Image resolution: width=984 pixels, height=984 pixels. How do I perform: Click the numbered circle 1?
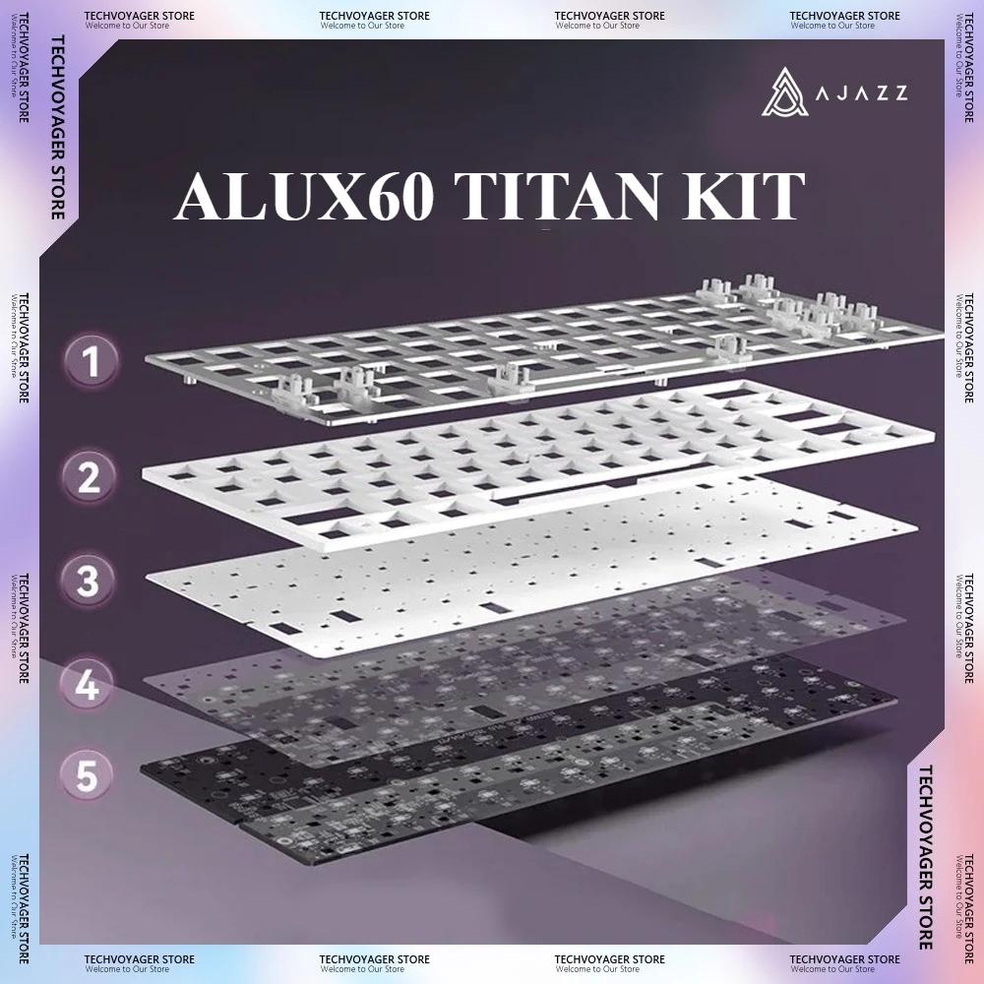[x=91, y=364]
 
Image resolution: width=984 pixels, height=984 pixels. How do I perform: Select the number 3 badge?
[x=91, y=582]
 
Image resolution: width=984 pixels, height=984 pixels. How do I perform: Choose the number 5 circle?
[x=89, y=775]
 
